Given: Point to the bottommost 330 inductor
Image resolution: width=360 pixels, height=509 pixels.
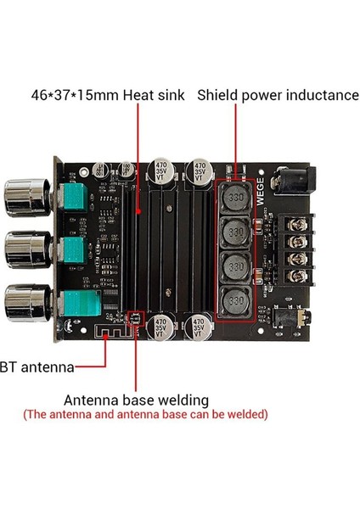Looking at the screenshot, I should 238,301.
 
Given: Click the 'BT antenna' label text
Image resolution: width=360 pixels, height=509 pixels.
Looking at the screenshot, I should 37,367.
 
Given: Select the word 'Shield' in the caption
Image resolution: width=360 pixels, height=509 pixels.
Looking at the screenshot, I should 220,94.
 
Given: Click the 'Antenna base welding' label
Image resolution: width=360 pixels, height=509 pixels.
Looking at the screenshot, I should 136,399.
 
